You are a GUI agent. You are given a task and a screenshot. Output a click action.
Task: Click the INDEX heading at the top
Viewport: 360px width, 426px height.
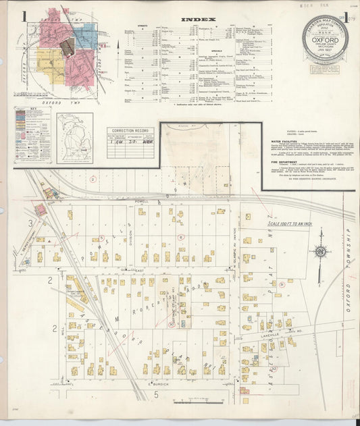tap(199, 19)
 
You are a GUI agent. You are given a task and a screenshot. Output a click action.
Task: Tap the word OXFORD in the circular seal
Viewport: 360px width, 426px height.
tap(325, 39)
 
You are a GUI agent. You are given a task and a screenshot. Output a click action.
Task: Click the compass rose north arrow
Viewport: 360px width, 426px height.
tap(321, 252)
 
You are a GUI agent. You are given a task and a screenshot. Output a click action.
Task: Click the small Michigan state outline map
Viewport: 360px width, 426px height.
tap(74, 138)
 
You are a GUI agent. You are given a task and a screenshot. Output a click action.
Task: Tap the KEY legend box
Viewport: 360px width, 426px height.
tap(32, 135)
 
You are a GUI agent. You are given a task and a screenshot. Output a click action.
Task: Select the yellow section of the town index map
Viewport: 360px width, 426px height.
tap(51, 66)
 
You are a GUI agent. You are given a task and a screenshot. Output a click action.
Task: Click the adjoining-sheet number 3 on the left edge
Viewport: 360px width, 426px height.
tap(30, 222)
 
